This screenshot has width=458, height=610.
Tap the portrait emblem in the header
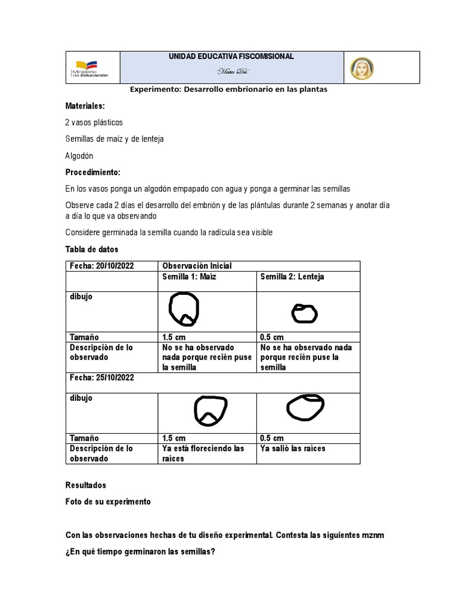pyautogui.click(x=361, y=68)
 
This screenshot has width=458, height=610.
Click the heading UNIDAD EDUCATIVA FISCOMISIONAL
pyautogui.click(x=231, y=57)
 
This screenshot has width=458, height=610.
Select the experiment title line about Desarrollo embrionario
pyautogui.click(x=229, y=89)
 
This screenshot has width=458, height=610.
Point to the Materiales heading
pyautogui.click(x=85, y=105)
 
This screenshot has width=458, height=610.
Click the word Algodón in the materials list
pyautogui.click(x=79, y=155)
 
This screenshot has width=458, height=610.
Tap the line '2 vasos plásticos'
pyautogui.click(x=94, y=122)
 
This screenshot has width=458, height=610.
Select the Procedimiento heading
pyautogui.click(x=92, y=172)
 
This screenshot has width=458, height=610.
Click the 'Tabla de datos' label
pyautogui.click(x=92, y=249)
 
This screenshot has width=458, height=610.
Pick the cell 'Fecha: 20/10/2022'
pyautogui.click(x=100, y=266)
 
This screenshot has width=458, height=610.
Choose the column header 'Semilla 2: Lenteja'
pyautogui.click(x=292, y=277)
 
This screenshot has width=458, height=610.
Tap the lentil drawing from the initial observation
pyautogui.click(x=305, y=313)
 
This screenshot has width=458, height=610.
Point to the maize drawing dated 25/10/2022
pyautogui.click(x=211, y=411)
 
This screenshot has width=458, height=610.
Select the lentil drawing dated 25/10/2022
pyautogui.click(x=305, y=407)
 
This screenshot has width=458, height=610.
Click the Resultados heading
pyautogui.click(x=86, y=485)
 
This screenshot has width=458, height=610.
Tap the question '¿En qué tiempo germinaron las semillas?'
pyautogui.click(x=140, y=552)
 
